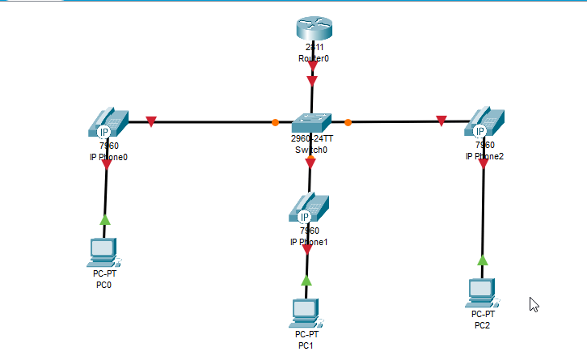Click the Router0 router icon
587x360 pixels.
click(x=313, y=29)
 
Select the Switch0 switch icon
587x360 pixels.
click(x=311, y=122)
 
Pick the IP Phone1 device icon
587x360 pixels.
click(x=307, y=208)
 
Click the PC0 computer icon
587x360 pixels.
click(x=103, y=252)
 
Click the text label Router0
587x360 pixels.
click(x=313, y=59)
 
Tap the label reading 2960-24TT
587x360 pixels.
click(x=311, y=139)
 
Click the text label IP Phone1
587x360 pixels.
click(x=309, y=242)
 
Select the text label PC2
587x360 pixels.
click(x=483, y=325)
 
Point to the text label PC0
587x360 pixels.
click(x=103, y=285)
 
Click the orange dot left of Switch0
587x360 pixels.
click(x=275, y=123)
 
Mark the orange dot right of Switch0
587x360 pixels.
click(x=348, y=123)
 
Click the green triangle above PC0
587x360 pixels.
click(x=104, y=219)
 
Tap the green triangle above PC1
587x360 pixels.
click(x=306, y=280)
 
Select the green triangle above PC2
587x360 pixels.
click(x=483, y=260)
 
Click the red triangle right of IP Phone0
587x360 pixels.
click(x=150, y=122)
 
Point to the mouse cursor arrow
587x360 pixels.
click(x=534, y=304)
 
